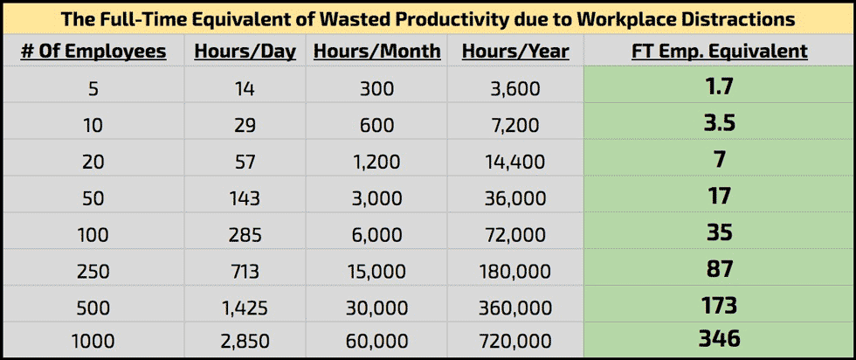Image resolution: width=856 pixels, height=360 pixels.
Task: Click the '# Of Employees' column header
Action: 93,52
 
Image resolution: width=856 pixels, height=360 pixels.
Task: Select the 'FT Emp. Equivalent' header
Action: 719,52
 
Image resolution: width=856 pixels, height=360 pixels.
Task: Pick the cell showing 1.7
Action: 719,87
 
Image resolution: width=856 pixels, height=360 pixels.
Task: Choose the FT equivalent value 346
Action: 719,337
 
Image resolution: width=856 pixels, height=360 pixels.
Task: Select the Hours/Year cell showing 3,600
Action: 515,89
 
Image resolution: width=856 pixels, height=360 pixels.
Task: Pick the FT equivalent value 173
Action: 719,305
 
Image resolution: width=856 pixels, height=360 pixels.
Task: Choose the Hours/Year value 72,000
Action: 515,234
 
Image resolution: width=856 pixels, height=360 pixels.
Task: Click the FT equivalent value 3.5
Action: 719,122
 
